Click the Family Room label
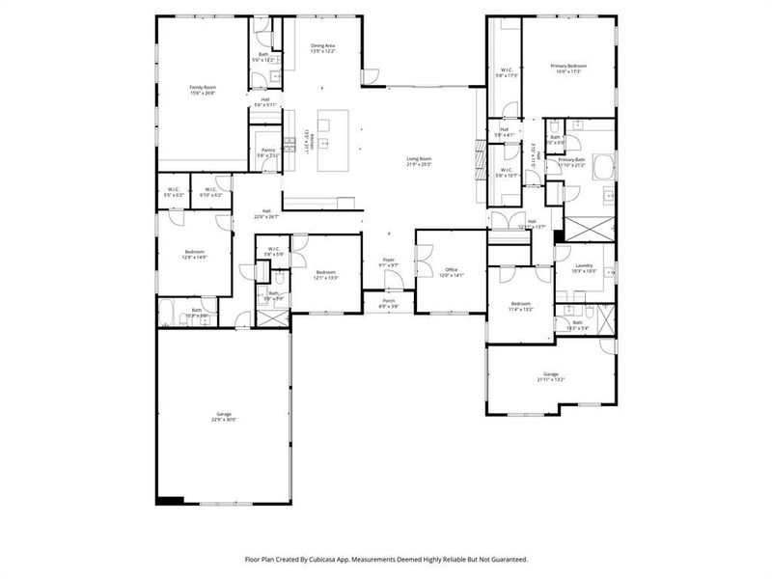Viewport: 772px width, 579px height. coord(203,87)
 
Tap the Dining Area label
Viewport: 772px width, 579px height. coord(322,45)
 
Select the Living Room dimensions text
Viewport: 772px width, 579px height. coord(418,165)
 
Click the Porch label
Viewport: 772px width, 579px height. coord(389,301)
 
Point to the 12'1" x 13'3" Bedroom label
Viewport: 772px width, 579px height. coord(327,272)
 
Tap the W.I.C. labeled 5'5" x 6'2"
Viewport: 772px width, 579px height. coord(175,189)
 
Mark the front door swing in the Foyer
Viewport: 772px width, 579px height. coord(393,280)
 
